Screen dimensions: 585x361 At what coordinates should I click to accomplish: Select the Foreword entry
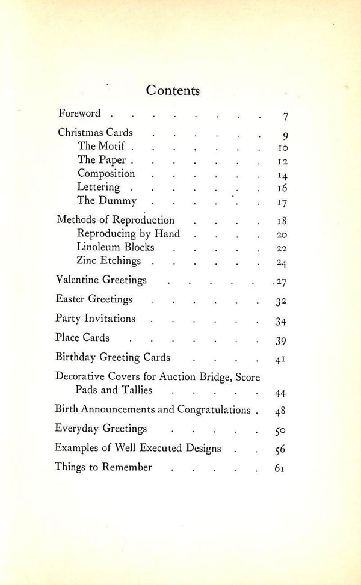[x=79, y=113]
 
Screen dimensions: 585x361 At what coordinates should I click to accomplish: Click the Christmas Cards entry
[x=95, y=132]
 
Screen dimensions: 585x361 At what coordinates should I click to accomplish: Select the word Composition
[x=106, y=174]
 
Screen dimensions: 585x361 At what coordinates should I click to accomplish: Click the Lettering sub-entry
[x=99, y=188]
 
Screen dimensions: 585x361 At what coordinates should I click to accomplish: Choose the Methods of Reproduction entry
[x=116, y=219]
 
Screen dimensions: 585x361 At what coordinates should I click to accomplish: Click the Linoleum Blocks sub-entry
[x=116, y=247]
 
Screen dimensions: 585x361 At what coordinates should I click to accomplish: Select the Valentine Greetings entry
[x=101, y=280]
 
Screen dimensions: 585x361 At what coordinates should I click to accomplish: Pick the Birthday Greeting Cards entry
[x=113, y=357]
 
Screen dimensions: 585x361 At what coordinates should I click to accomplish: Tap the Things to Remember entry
[x=103, y=466]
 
